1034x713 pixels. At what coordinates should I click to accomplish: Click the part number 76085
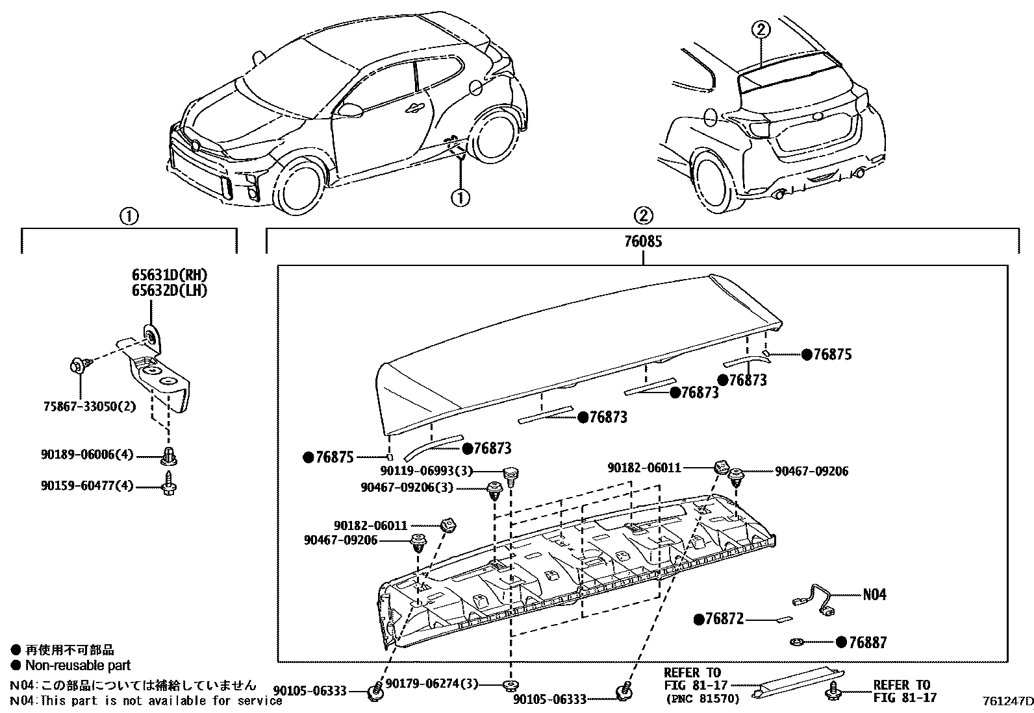pos(642,241)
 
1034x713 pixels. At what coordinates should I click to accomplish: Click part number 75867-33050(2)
pos(90,407)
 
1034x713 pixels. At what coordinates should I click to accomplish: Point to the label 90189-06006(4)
pos(86,455)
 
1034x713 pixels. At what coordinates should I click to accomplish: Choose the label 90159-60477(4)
pos(86,486)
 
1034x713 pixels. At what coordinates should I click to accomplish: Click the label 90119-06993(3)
pos(426,471)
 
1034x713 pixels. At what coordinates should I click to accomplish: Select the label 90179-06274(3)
pos(432,684)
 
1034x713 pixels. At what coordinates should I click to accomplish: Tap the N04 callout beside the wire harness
pos(874,594)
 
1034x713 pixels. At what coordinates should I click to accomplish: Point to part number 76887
pos(867,642)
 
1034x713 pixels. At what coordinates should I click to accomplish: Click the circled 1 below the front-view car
pos(460,197)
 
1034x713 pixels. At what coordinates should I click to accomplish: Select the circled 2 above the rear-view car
pos(761,29)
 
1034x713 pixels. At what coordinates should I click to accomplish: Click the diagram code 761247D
pos(1006,701)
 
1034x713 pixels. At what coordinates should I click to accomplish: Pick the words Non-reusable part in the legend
pos(78,665)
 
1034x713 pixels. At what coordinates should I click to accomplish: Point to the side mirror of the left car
pos(350,110)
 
